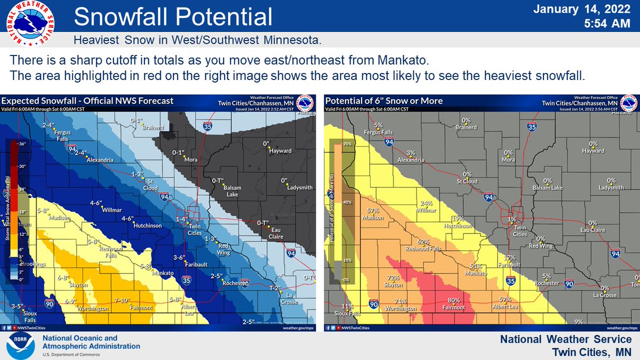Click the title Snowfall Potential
pyautogui.click(x=173, y=17)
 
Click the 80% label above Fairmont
pyautogui.click(x=454, y=300)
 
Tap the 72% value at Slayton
pyautogui.click(x=394, y=278)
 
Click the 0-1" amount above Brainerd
pyautogui.click(x=138, y=121)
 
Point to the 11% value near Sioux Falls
pyautogui.click(x=347, y=306)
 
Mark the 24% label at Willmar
pyautogui.click(x=426, y=203)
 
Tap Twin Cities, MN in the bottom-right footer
pyautogui.click(x=591, y=351)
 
